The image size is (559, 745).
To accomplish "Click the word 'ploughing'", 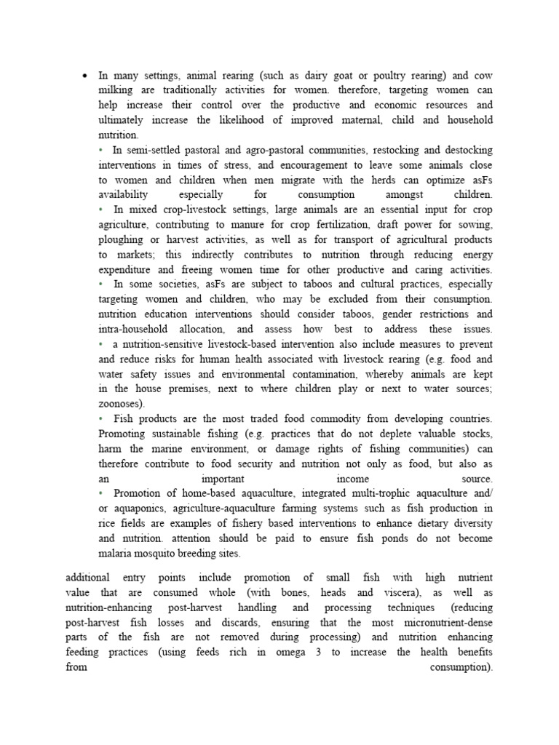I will pos(121,239).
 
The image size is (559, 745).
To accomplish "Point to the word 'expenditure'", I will pos(124,270).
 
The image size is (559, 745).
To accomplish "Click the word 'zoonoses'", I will pos(120,404).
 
